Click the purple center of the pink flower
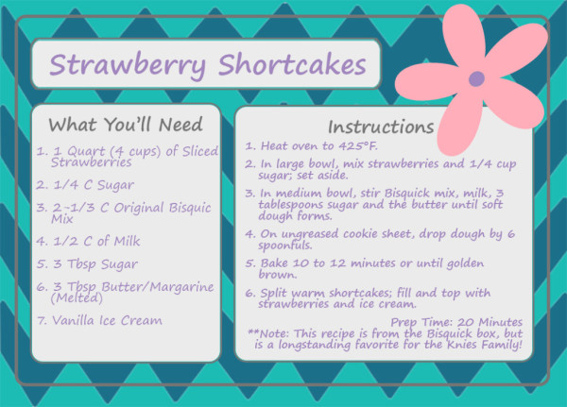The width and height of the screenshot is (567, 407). point(476,78)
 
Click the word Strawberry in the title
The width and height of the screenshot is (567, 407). point(128,65)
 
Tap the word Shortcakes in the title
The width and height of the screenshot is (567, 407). point(292,64)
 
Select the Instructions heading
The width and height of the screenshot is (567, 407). point(381,127)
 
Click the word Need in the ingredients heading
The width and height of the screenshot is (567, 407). point(180,125)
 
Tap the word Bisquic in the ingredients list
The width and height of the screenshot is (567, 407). point(190,208)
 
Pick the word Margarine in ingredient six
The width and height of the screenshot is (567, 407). point(181,287)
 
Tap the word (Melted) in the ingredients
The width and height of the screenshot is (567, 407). point(77,297)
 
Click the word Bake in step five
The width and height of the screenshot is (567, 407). point(274,263)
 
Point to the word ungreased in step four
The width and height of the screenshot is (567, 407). point(310,234)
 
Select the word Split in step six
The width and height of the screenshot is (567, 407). point(274,293)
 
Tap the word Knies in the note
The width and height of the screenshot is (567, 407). point(463,344)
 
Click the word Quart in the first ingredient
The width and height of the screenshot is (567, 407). point(86,151)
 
